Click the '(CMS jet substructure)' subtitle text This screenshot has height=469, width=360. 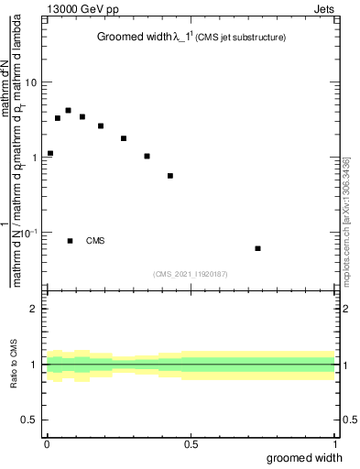point(241,38)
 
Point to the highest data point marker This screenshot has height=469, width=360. point(69,110)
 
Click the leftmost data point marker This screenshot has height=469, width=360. point(50,153)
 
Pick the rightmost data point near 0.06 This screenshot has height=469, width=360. point(257,248)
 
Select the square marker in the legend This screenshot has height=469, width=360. point(71,241)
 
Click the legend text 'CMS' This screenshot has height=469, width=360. point(95,241)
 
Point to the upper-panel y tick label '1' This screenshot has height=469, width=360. point(35,158)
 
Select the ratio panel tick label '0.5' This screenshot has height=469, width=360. point(30,420)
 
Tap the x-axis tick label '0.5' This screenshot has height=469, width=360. point(191,443)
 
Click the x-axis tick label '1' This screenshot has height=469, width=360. point(336,443)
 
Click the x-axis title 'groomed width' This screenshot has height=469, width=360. point(305,457)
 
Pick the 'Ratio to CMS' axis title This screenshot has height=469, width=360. point(14,365)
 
